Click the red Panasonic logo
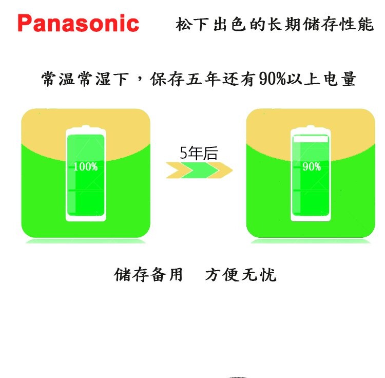(78, 24)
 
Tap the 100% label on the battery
(85, 166)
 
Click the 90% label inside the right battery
(311, 166)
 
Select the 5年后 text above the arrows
(198, 153)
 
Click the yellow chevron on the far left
(177, 170)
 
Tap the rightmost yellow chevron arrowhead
(222, 170)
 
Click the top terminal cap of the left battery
(86, 128)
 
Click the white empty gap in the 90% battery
(310, 139)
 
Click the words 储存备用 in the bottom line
(148, 275)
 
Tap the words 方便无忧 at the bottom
(241, 275)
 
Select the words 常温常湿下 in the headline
(84, 80)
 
